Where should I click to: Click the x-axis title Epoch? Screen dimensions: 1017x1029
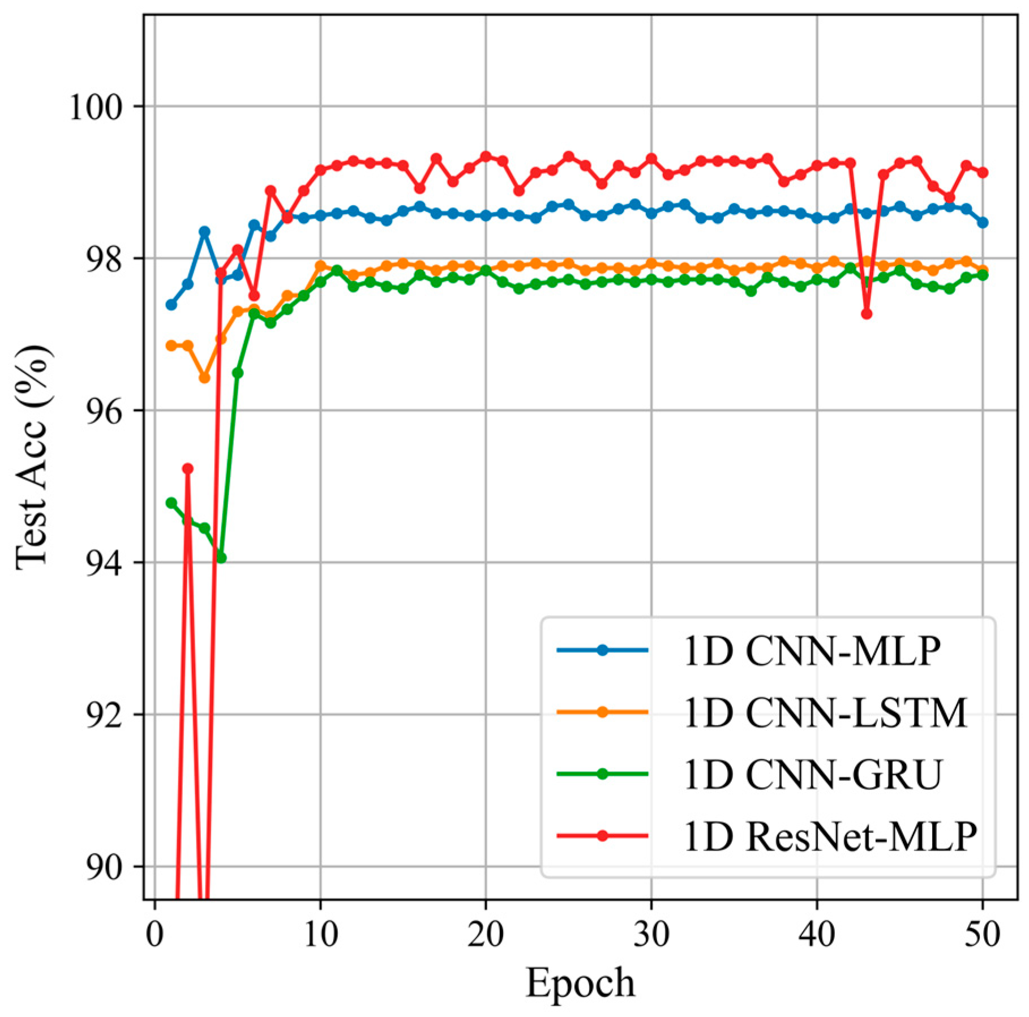[x=580, y=984]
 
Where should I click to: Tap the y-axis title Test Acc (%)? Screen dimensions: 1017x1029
[x=33, y=458]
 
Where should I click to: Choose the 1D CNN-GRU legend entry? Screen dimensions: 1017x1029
[x=813, y=774]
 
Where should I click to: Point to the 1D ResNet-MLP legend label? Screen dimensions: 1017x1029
[x=830, y=836]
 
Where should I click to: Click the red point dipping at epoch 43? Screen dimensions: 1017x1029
[x=867, y=314]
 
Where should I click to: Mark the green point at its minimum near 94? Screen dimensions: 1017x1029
[x=221, y=558]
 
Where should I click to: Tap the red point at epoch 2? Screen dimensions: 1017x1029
[x=188, y=468]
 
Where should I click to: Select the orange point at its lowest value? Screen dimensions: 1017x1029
[x=204, y=378]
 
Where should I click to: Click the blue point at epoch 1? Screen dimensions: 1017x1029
[x=171, y=305]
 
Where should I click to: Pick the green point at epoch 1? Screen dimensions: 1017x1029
[x=171, y=503]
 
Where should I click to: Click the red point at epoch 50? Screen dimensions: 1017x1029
[x=983, y=172]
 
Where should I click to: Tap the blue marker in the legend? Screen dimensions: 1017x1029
[x=602, y=651]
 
